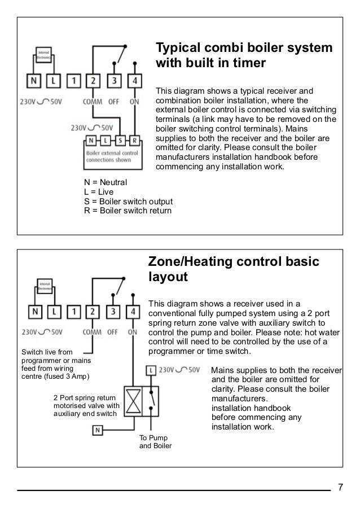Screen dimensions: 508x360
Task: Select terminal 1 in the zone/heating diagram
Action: tap(74, 312)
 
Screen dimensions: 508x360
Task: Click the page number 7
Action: tap(340, 487)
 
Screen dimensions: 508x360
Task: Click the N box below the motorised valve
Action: tap(97, 430)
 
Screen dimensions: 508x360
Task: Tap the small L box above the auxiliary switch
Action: tap(150, 370)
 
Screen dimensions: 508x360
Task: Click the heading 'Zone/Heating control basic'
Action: tap(233, 262)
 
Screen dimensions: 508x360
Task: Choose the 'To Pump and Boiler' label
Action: tap(155, 443)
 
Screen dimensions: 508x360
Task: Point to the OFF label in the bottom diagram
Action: tap(112, 332)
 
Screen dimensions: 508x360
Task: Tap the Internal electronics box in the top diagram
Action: tap(44, 54)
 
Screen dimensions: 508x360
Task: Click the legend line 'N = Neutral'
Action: tap(106, 182)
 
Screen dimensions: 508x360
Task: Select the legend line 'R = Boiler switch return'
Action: tap(128, 211)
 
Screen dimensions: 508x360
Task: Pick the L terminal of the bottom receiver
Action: tap(54, 312)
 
